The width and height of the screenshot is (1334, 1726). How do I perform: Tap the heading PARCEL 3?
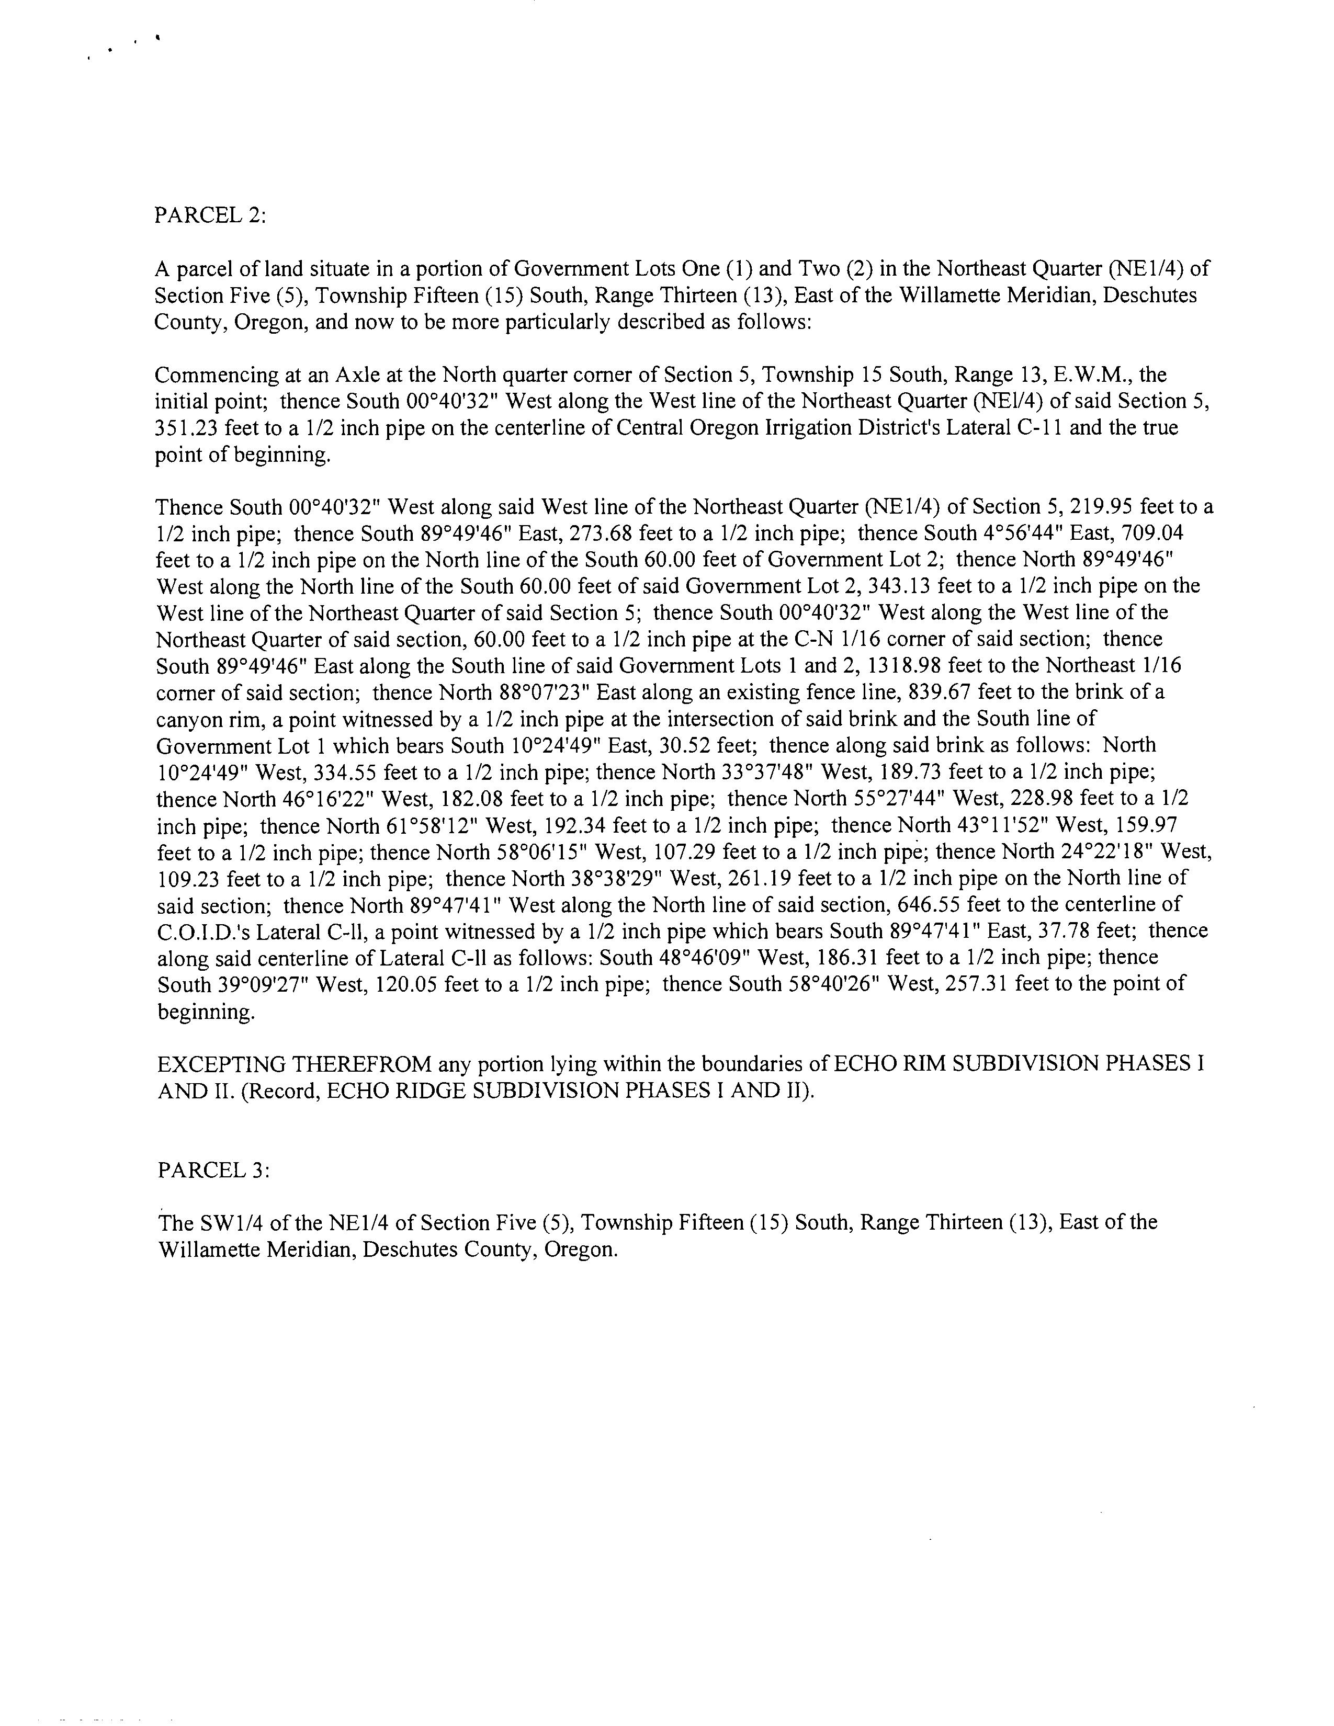213,1171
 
